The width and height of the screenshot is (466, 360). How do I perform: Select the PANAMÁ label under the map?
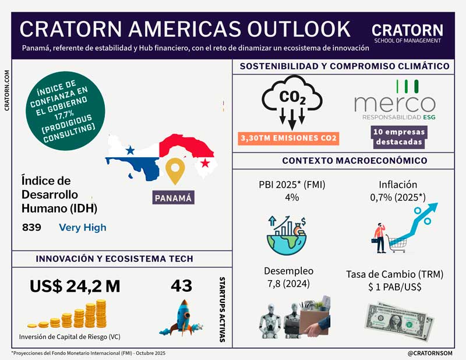(174, 197)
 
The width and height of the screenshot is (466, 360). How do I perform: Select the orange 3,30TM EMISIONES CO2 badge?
(289, 138)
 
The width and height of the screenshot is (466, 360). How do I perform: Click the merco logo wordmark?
(394, 104)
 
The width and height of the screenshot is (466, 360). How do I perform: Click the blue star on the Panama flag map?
(130, 150)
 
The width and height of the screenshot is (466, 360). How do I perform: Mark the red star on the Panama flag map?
(204, 163)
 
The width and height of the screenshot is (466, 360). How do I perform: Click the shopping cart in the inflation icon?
(397, 244)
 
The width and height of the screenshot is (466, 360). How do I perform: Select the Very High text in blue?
(83, 228)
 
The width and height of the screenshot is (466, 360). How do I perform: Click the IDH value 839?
(31, 228)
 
